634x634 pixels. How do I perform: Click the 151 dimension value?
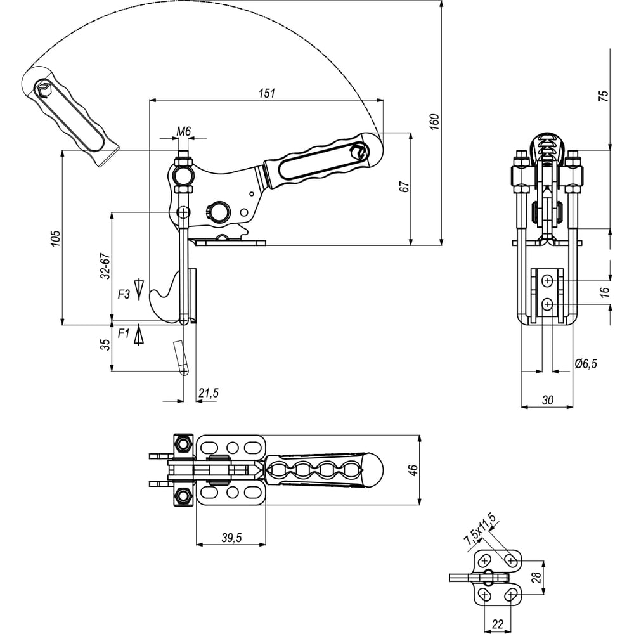tap(268, 93)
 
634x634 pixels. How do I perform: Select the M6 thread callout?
tap(183, 131)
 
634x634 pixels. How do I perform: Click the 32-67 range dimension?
tap(105, 266)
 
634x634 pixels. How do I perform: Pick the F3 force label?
tap(124, 294)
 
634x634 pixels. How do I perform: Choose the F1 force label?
tap(124, 332)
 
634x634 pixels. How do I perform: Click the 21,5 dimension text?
tap(208, 394)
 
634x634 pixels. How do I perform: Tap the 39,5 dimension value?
tap(231, 538)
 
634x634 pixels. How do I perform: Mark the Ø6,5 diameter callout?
tap(586, 363)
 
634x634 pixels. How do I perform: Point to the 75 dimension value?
tap(603, 96)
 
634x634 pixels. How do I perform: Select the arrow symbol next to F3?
tap(140, 288)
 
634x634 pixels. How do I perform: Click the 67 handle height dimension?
tap(405, 186)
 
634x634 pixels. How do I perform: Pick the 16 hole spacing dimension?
tap(604, 291)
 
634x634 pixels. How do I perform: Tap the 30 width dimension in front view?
tap(547, 401)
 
